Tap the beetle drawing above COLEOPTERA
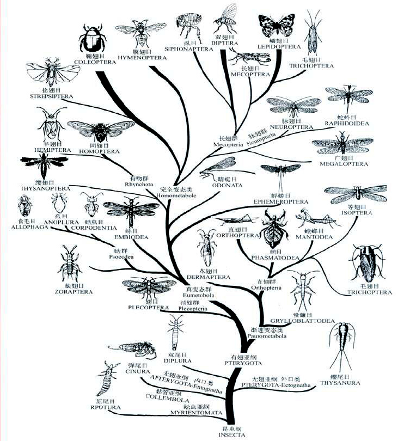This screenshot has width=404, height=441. (91, 39)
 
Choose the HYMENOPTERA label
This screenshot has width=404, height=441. (141, 57)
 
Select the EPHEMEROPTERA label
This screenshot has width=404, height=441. (281, 201)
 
